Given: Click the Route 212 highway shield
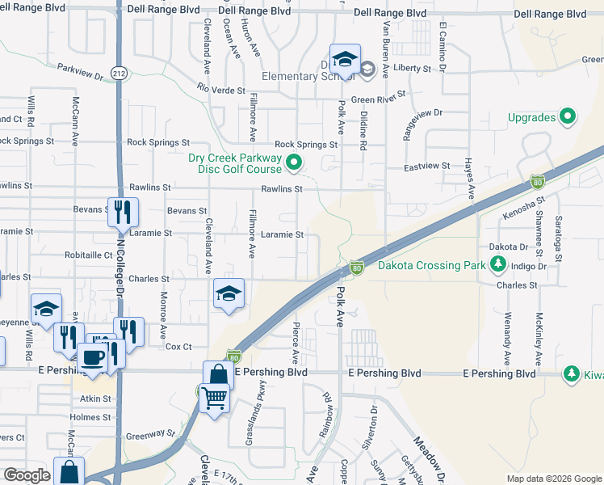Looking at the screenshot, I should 120,74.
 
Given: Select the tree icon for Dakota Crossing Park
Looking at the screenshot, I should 498,264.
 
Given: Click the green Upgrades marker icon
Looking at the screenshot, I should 568,117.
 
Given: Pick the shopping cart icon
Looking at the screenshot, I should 214,398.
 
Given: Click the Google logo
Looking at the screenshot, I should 27,475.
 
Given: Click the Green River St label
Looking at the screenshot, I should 377,100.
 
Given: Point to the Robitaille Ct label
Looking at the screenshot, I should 91,255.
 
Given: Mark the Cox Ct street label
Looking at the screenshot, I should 178,346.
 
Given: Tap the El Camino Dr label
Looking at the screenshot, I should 443,46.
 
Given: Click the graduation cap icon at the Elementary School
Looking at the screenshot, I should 345,59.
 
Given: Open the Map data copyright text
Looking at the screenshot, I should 553,479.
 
